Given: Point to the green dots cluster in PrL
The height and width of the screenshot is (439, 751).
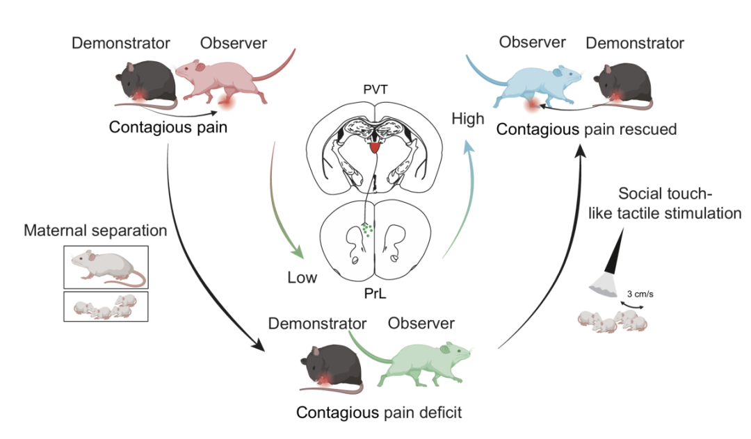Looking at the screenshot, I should point(367,229).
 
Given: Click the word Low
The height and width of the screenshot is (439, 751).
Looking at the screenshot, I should point(302,279).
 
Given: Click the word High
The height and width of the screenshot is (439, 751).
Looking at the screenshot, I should point(467,119).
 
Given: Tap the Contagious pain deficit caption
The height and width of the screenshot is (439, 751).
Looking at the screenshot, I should point(380,413).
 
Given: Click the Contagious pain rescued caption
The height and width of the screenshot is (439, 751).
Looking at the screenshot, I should point(586,129).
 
